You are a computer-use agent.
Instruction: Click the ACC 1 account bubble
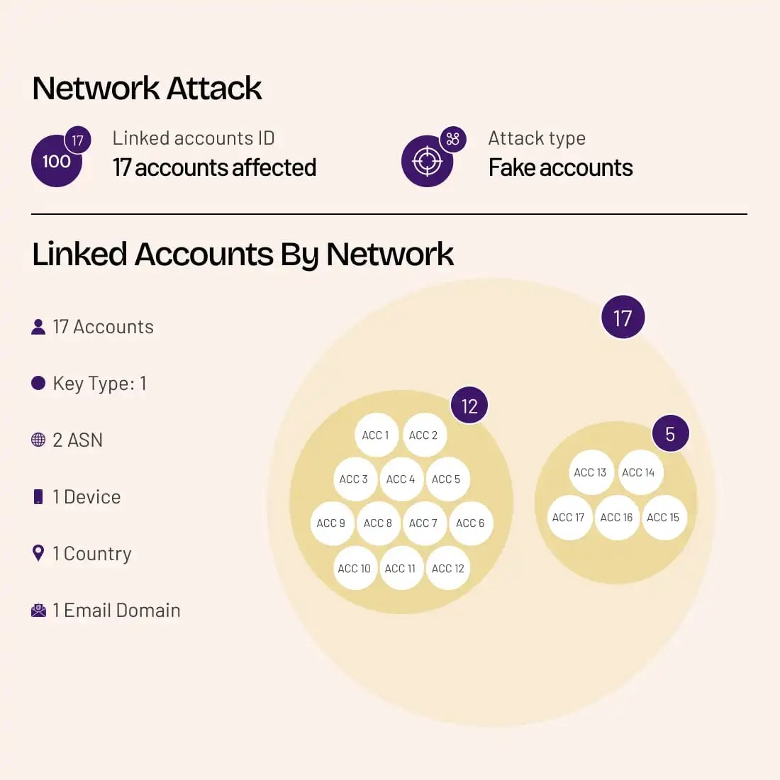376,435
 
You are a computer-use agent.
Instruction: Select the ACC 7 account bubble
423,523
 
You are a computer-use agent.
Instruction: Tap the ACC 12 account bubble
447,569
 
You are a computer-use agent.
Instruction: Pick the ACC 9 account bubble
331,523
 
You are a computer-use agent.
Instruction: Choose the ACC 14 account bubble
638,472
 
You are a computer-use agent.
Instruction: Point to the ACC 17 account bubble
569,518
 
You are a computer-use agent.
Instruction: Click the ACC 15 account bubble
663,518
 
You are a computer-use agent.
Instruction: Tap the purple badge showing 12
469,406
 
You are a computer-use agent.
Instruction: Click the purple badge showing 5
670,433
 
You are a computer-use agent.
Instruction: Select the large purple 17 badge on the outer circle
623,318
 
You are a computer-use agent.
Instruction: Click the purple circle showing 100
56,162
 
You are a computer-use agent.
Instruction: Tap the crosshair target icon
427,162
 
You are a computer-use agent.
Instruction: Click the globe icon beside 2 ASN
38,440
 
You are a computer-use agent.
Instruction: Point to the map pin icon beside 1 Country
38,553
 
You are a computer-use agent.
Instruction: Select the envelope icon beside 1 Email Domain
38,610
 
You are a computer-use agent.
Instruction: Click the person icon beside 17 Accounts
38,327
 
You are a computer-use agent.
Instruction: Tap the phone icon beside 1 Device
38,496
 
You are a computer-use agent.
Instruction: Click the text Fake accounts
560,168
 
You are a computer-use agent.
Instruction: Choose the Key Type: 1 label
99,384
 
